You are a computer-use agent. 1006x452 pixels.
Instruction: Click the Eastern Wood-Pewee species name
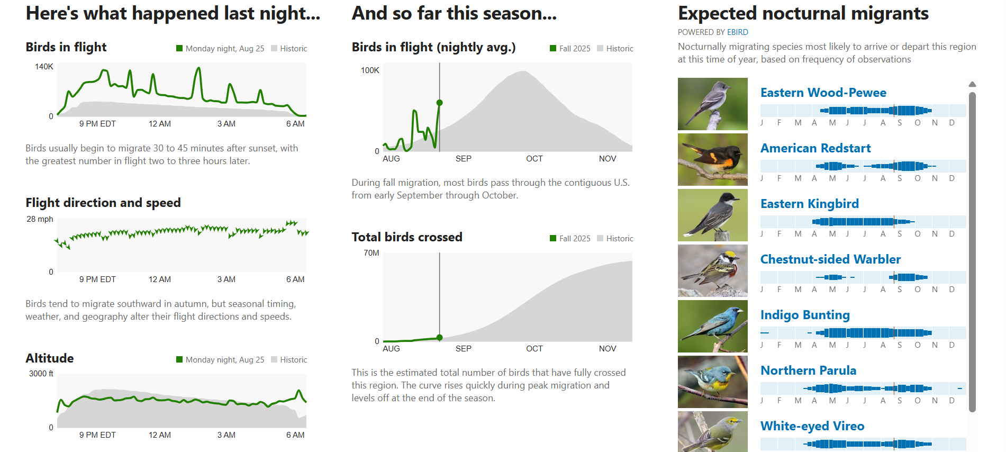(823, 93)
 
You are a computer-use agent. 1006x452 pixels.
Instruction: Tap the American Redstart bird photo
(713, 159)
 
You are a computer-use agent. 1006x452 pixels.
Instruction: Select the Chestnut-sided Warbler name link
(830, 259)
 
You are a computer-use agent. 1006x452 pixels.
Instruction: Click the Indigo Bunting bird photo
(713, 326)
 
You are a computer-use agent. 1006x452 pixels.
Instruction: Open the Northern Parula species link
(808, 370)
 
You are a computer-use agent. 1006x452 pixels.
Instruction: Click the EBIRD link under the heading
(737, 32)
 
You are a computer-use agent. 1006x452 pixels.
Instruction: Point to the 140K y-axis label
(44, 67)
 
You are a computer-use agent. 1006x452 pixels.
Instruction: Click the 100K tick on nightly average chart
(370, 70)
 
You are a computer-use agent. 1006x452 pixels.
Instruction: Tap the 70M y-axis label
(371, 253)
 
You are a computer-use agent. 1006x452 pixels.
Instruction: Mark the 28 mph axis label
(40, 219)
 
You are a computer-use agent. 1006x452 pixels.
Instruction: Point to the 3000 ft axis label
(41, 374)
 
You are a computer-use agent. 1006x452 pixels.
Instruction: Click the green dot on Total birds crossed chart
(439, 338)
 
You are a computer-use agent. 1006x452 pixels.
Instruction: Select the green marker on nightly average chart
(439, 103)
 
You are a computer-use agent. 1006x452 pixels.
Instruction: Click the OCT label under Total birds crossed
(534, 349)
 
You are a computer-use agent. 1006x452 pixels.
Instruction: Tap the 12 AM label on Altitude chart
(160, 435)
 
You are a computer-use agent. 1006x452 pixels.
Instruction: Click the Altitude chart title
(50, 358)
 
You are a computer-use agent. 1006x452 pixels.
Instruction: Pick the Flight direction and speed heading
(103, 203)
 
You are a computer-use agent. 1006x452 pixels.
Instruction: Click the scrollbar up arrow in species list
(972, 84)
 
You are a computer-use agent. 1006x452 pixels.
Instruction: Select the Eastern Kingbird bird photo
(713, 215)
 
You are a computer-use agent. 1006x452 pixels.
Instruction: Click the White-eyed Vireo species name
(812, 426)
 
